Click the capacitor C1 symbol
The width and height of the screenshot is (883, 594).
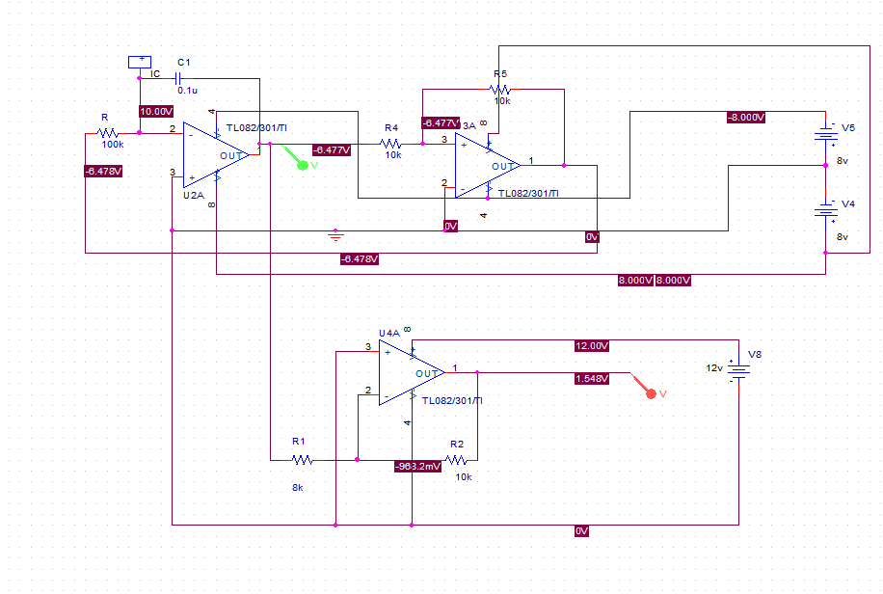tap(178, 75)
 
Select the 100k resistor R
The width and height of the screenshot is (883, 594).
tap(108, 133)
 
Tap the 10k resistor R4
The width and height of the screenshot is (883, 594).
tap(390, 144)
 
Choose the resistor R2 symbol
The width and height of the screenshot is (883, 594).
tap(456, 460)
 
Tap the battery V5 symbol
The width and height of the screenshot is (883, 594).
tap(825, 133)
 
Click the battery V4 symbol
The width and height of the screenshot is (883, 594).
tap(825, 210)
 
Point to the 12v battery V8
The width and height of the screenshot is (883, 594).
tap(739, 371)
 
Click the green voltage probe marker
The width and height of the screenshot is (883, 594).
tap(302, 165)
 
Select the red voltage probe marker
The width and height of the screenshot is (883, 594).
tap(651, 392)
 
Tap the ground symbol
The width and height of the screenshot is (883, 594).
tap(334, 234)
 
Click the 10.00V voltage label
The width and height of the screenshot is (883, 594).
tap(156, 111)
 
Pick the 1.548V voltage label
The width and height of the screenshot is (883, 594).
tap(592, 379)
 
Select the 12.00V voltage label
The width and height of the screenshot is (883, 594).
tap(592, 345)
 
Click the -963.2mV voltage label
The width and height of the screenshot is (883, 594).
tap(417, 466)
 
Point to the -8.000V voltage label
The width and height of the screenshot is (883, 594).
tap(746, 118)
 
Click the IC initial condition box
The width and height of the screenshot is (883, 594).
tap(140, 62)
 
